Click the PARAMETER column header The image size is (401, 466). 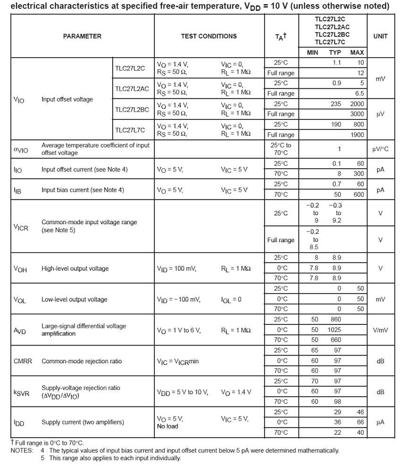click(x=82, y=36)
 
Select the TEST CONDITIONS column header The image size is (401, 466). click(x=209, y=36)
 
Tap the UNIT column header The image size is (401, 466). click(x=380, y=36)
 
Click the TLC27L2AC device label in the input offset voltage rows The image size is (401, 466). click(x=132, y=89)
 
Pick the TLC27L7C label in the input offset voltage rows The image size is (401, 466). click(x=130, y=130)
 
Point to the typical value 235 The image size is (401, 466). click(x=335, y=104)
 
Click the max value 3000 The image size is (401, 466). click(x=357, y=114)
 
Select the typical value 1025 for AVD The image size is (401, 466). click(x=334, y=330)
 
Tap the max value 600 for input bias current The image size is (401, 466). click(x=359, y=195)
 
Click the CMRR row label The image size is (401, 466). click(x=23, y=361)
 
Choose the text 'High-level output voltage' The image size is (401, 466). click(x=75, y=269)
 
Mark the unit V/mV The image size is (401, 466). click(x=380, y=330)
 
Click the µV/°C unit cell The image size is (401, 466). click(x=380, y=149)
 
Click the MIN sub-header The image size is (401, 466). click(x=312, y=53)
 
